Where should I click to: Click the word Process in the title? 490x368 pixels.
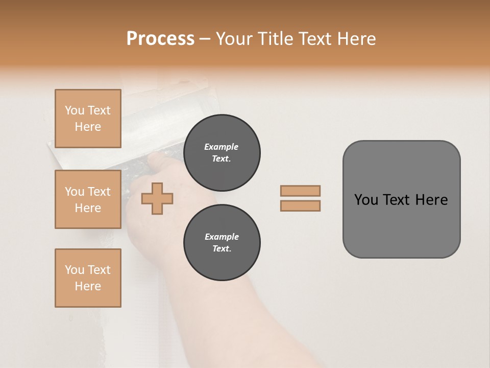[x=160, y=39]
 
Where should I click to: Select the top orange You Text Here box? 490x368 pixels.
[x=88, y=119]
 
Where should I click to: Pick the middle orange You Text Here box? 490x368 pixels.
[x=88, y=199]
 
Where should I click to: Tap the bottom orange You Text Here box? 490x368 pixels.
[x=88, y=278]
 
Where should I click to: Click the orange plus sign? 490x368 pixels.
[x=157, y=198]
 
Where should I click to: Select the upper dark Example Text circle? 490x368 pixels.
[x=222, y=153]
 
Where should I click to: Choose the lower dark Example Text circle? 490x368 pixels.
[x=222, y=243]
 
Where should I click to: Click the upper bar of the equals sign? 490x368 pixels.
[x=300, y=191]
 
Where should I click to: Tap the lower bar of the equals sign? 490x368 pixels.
[x=300, y=206]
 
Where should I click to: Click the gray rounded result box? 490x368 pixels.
[x=401, y=225]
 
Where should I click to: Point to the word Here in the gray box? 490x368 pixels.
[x=431, y=200]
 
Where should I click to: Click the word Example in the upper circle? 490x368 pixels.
[x=221, y=147]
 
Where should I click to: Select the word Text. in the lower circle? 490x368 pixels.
[x=222, y=249]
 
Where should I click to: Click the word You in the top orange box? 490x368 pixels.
[x=74, y=110]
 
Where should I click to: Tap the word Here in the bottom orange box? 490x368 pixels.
[x=88, y=286]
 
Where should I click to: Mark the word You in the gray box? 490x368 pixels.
[x=365, y=200]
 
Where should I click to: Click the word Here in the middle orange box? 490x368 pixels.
[x=88, y=208]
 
